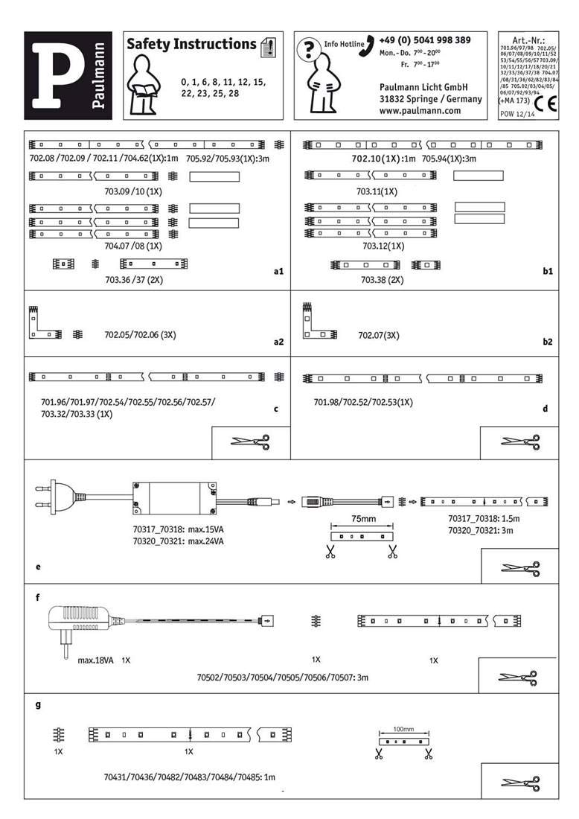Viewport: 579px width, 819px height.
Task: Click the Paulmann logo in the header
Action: click(68, 76)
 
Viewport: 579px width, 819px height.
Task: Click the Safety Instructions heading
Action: click(191, 45)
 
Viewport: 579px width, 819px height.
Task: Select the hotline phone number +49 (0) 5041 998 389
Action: click(424, 40)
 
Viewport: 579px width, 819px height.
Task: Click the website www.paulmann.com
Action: click(420, 110)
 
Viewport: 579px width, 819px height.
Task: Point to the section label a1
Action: click(279, 273)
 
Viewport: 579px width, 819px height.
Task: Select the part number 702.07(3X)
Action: click(379, 336)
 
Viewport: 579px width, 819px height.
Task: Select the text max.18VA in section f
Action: click(95, 660)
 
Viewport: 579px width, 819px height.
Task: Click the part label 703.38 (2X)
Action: click(382, 280)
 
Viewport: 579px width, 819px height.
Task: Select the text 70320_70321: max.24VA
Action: click(173, 541)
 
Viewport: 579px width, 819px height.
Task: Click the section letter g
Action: click(38, 704)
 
